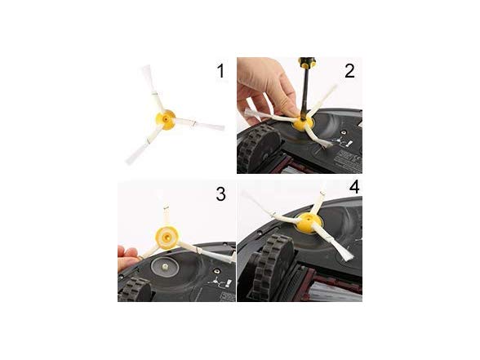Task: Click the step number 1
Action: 220,71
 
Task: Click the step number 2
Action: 349,71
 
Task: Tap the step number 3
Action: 220,193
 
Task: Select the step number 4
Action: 354,187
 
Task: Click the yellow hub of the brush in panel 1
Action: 166,120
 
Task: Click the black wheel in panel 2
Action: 258,146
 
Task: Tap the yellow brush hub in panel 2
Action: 303,123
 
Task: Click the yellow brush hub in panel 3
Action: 167,237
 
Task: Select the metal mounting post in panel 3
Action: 166,267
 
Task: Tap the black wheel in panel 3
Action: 135,290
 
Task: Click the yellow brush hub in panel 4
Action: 308,222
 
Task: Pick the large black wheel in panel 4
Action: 272,267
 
